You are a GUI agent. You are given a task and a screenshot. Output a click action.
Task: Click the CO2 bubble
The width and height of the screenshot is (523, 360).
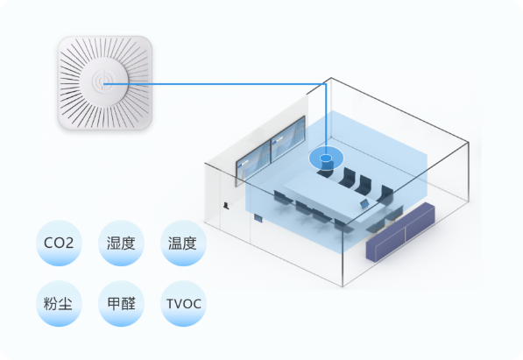pyautogui.click(x=59, y=243)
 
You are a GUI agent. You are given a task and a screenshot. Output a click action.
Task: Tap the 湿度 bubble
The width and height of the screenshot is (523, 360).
pyautogui.click(x=121, y=243)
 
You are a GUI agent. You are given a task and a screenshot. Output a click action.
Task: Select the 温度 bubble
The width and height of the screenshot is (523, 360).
pyautogui.click(x=183, y=243)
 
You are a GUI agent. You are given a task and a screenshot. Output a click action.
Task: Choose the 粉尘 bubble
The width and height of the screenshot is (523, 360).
pyautogui.click(x=59, y=304)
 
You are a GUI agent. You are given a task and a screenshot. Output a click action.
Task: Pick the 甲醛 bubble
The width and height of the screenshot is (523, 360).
pyautogui.click(x=121, y=304)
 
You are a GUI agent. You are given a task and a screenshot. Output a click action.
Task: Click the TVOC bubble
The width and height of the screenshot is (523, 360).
pyautogui.click(x=183, y=304)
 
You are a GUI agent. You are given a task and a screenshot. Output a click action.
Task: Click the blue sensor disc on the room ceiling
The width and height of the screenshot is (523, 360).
pyautogui.click(x=326, y=159)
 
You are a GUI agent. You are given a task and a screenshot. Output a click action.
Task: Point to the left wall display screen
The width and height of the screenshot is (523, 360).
pyautogui.click(x=253, y=164)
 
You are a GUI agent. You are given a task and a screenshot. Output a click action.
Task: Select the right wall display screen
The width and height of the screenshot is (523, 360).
pyautogui.click(x=288, y=139)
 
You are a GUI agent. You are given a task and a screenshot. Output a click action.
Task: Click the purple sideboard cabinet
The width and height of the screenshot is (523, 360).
pyautogui.click(x=400, y=232)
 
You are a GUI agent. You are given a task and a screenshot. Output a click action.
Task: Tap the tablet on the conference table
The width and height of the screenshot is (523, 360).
pyautogui.click(x=364, y=203)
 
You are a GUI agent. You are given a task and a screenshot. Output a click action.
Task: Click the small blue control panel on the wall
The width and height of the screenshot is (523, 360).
pyautogui.click(x=258, y=218)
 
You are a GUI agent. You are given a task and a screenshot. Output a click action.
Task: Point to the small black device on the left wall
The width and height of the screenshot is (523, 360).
pyautogui.click(x=227, y=206)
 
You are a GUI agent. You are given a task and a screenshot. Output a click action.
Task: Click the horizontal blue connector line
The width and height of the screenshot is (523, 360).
pyautogui.click(x=215, y=84)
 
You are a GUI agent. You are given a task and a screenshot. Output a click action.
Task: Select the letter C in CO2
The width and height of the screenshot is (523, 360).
pyautogui.click(x=49, y=243)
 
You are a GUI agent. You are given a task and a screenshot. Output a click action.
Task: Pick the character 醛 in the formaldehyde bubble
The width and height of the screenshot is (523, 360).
pyautogui.click(x=129, y=304)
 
